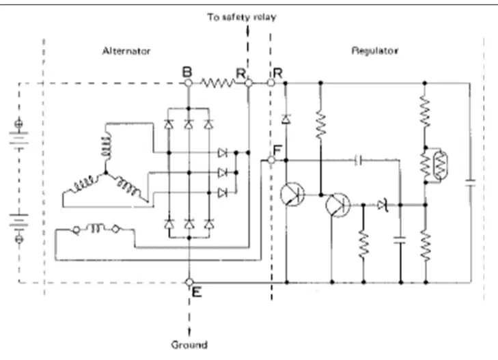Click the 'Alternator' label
coord(126,51)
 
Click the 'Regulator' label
coord(375,51)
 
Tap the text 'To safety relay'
coord(242,17)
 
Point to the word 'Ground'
coord(189,344)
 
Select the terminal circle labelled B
coord(189,83)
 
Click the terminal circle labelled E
coord(189,282)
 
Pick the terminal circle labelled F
coord(271,160)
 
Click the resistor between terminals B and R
coord(218,83)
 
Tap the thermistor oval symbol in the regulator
coord(440,166)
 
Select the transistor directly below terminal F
coord(292,194)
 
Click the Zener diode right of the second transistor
coord(383,205)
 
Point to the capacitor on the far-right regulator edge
coord(470,183)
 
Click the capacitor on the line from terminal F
coord(358,161)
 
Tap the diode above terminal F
coord(286,120)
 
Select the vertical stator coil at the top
coord(107,145)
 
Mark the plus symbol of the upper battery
coord(18,122)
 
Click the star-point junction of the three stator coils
coord(106,173)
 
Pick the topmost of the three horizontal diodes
coord(223,153)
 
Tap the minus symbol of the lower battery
coord(19,238)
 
